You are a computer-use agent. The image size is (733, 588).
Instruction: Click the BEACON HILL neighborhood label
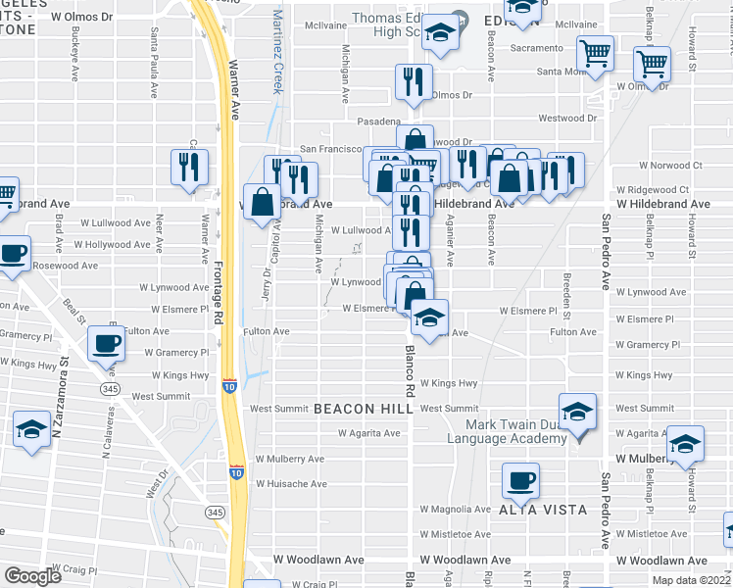tap(358, 409)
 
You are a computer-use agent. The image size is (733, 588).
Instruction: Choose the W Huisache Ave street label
tap(291, 484)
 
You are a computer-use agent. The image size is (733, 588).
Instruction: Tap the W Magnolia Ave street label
tap(456, 510)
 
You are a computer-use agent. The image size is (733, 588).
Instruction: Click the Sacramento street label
tap(536, 47)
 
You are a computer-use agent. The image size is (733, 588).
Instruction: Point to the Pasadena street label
tap(379, 120)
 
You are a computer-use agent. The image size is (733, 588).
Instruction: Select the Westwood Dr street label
tap(568, 118)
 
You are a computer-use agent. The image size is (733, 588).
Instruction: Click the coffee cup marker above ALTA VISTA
tap(520, 480)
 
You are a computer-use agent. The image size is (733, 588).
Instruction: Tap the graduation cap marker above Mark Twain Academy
tap(577, 410)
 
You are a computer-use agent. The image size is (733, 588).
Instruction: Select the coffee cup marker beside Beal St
tap(107, 343)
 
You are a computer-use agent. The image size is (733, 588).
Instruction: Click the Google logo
tap(33, 576)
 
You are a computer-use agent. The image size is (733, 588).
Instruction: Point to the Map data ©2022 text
tap(692, 580)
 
